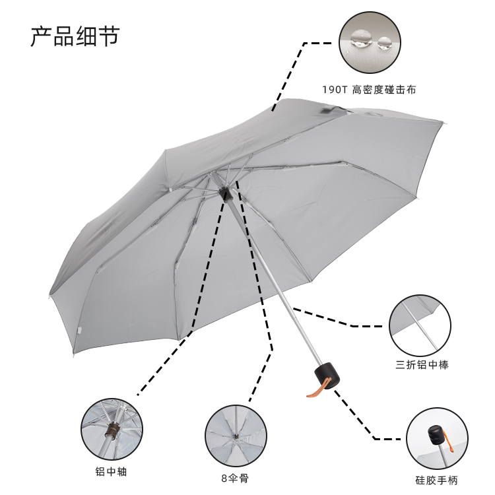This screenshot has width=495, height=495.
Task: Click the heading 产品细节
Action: point(75,36)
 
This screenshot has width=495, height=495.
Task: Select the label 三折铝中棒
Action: point(422,364)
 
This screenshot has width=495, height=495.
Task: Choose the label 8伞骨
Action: point(235,478)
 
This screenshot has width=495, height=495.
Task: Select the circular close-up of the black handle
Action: point(437,438)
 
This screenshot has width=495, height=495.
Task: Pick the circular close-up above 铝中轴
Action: point(112,429)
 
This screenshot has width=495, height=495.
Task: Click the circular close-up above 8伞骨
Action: point(236,436)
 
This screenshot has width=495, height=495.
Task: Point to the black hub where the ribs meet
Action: point(226,193)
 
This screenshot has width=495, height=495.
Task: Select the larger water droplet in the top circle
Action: point(360,38)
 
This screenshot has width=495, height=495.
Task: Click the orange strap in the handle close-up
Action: point(453,438)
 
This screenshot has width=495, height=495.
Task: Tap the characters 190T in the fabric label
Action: point(335,89)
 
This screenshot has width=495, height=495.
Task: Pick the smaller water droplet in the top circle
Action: point(383,44)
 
